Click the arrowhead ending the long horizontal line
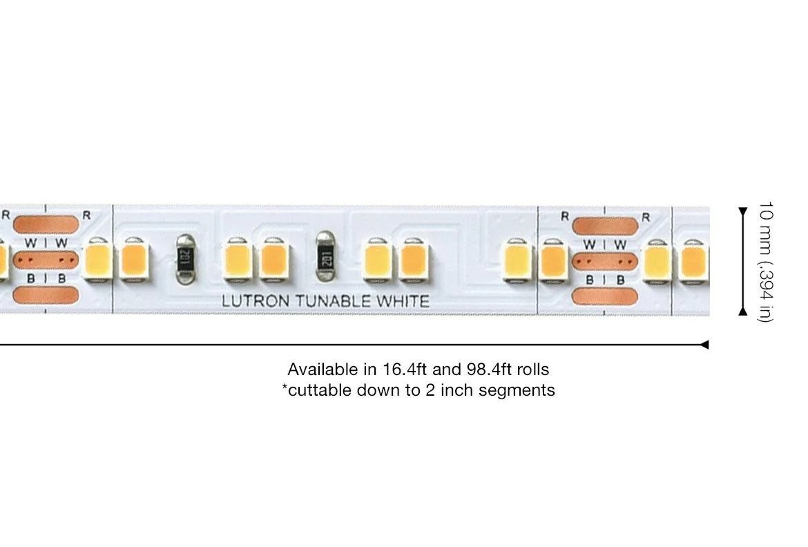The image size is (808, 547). [704, 345]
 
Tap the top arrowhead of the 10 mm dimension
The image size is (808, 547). [742, 212]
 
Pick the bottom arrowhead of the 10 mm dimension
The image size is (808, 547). [742, 311]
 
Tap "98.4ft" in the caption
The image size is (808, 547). [489, 369]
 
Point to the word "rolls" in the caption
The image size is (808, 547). [532, 369]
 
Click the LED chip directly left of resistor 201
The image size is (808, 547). [135, 260]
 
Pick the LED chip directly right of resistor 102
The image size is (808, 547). [378, 260]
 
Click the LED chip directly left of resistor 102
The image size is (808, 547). [274, 260]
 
